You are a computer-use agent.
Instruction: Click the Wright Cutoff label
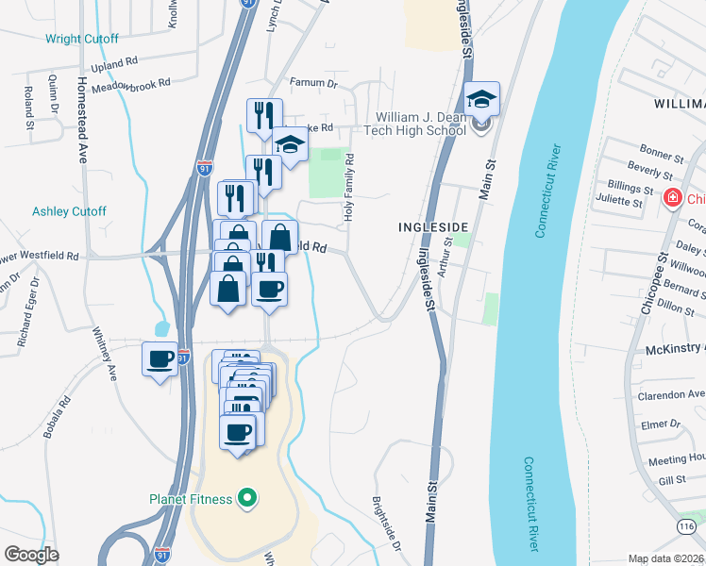pyautogui.click(x=82, y=39)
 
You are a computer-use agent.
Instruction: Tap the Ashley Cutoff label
pyautogui.click(x=70, y=211)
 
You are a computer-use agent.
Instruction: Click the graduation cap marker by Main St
pyautogui.click(x=481, y=103)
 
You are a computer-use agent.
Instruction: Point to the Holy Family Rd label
pyautogui.click(x=349, y=189)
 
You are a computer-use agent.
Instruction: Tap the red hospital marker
pyautogui.click(x=673, y=198)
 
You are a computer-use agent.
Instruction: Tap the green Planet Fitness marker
pyautogui.click(x=248, y=496)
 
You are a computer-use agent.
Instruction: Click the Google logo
pyautogui.click(x=31, y=555)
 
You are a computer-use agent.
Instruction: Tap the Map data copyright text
pyautogui.click(x=666, y=558)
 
